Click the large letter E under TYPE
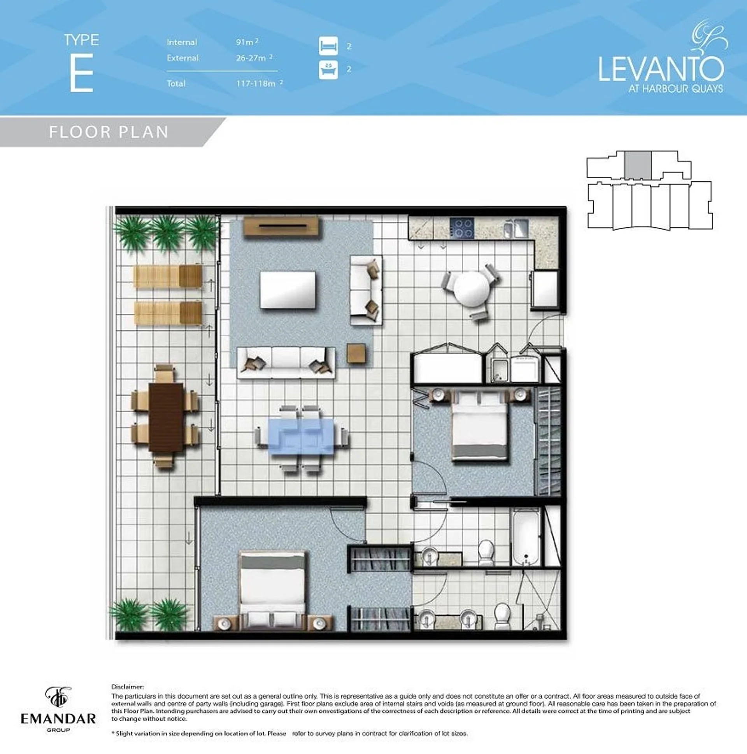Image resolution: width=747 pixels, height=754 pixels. [x=82, y=72]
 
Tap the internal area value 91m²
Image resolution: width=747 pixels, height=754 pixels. [x=247, y=41]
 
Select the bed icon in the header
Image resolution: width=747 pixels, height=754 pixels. [x=328, y=46]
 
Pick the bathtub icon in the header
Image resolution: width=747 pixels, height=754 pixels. [x=328, y=70]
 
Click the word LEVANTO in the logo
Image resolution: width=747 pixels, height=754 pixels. [x=661, y=69]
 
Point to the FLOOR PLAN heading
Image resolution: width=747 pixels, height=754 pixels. [x=109, y=132]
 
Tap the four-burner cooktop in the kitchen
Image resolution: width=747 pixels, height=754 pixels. [x=462, y=228]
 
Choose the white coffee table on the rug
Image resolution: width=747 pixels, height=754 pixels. [x=288, y=290]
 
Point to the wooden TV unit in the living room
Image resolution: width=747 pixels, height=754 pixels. [x=281, y=227]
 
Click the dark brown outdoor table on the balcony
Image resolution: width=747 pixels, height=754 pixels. [x=166, y=417]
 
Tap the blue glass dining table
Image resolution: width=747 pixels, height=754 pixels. [x=301, y=436]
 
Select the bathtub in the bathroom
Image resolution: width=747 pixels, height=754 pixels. [x=526, y=537]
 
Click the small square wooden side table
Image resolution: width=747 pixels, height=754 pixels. [x=356, y=353]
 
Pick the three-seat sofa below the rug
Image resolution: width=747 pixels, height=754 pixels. [x=286, y=362]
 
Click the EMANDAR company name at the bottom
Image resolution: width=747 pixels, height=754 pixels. [x=58, y=719]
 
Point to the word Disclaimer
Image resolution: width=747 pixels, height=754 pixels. [x=128, y=687]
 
